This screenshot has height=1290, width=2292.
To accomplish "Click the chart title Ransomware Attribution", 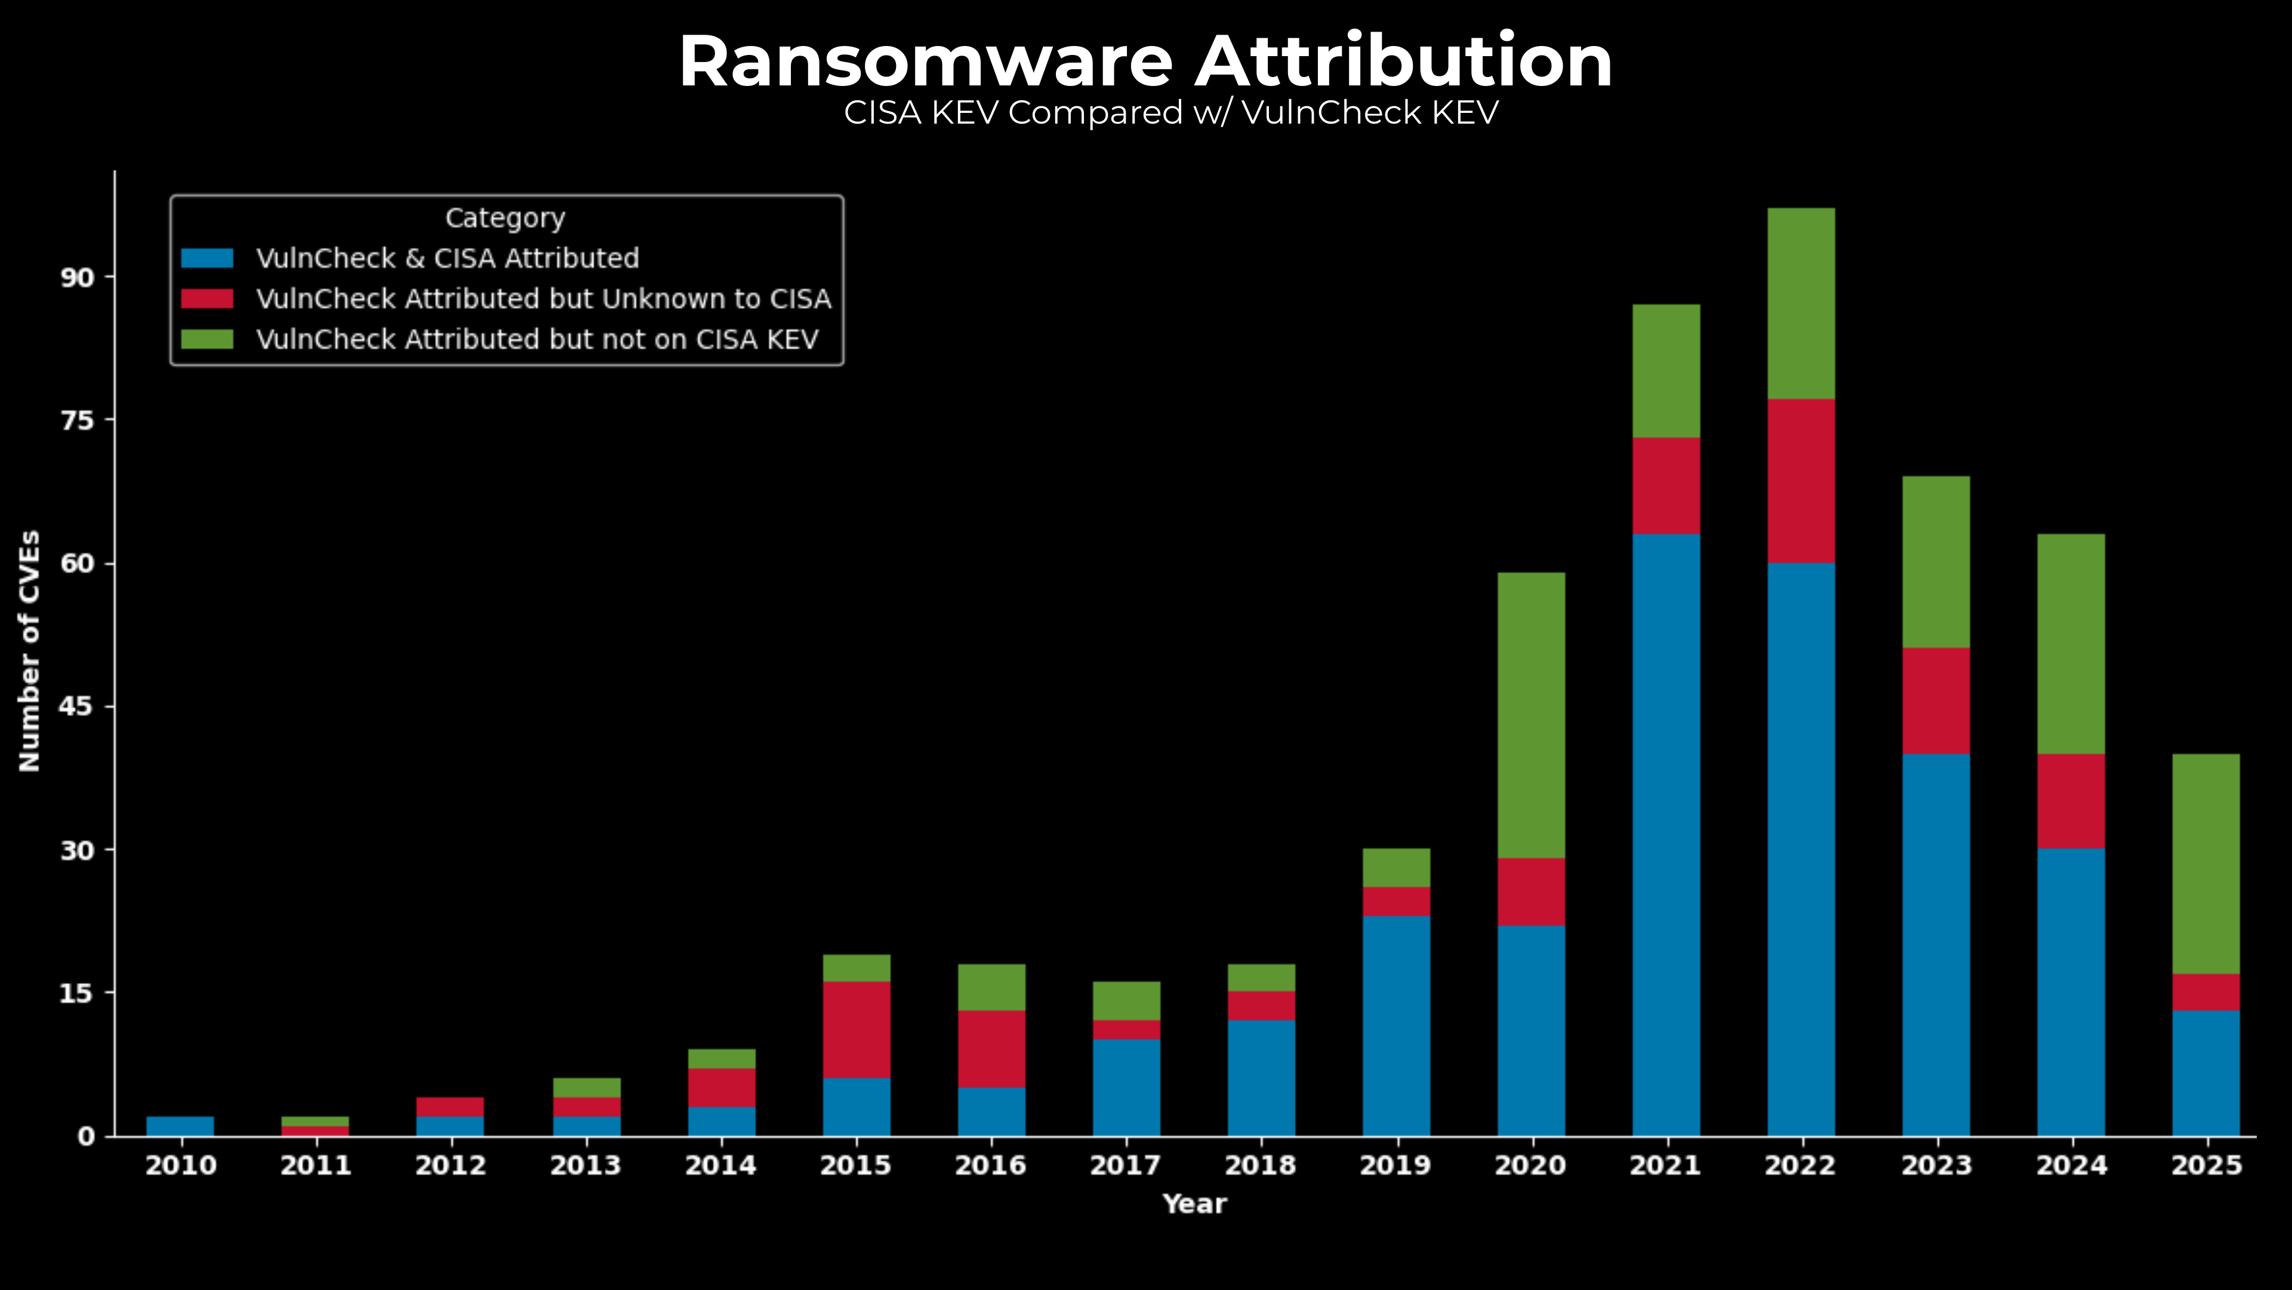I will click(1145, 62).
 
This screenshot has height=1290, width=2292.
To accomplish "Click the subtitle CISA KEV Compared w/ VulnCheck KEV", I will click(1171, 113).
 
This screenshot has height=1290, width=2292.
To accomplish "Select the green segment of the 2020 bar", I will click(1530, 715).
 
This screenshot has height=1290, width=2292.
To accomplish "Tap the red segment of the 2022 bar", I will click(1801, 481).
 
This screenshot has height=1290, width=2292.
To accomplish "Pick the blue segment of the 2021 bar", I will click(1666, 834).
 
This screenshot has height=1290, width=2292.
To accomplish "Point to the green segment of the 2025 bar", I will click(2205, 864).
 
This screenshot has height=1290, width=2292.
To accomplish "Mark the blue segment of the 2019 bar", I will click(1396, 1025).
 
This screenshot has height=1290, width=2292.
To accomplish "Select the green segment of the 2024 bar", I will click(2071, 644).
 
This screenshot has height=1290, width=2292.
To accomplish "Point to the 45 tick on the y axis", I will click(76, 707).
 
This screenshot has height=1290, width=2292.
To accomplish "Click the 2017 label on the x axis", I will click(1126, 1165).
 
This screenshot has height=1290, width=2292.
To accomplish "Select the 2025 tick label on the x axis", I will click(2205, 1165).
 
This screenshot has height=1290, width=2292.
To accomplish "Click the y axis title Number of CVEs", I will click(29, 651).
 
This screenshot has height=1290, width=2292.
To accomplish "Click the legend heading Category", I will click(504, 218).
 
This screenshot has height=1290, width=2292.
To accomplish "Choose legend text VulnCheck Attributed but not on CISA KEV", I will click(537, 340).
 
